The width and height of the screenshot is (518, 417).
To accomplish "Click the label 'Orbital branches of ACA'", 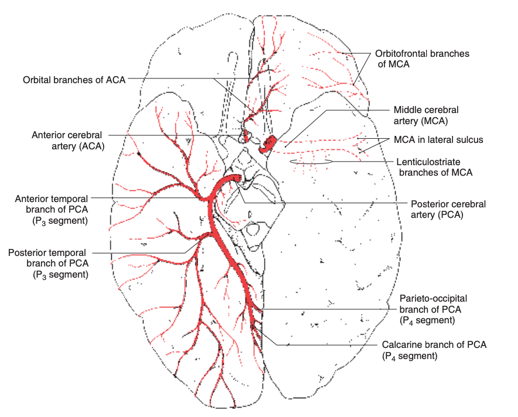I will coord(74,80).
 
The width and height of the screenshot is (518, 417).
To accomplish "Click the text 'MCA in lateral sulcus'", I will coord(438,140).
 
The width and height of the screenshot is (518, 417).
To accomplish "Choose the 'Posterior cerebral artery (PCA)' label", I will coord(448,210).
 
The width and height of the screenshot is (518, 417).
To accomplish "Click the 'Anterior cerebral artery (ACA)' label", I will coord(68,141).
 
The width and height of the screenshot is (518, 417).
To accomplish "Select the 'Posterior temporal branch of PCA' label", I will coord(48,263).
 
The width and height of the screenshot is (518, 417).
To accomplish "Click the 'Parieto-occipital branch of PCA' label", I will coord(433,309).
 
